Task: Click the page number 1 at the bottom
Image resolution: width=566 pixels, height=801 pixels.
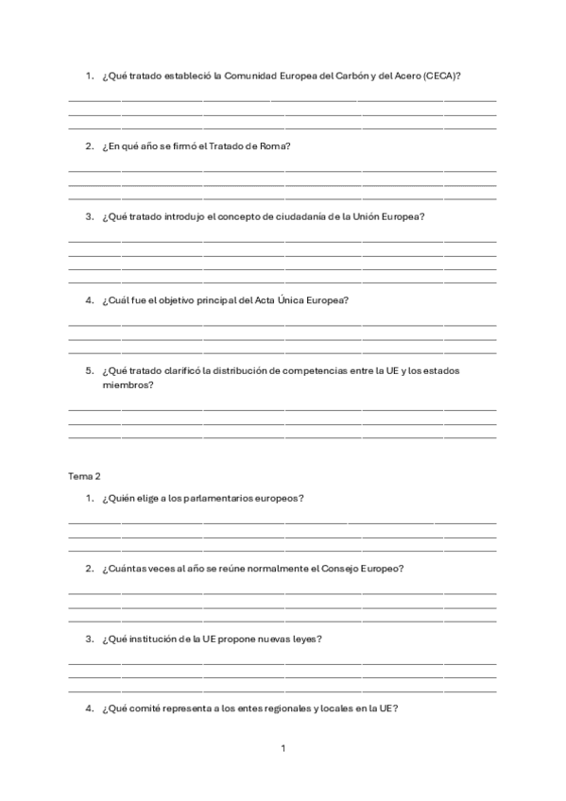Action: pos(283,749)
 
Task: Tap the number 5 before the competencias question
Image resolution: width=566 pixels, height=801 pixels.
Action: pos(88,371)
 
